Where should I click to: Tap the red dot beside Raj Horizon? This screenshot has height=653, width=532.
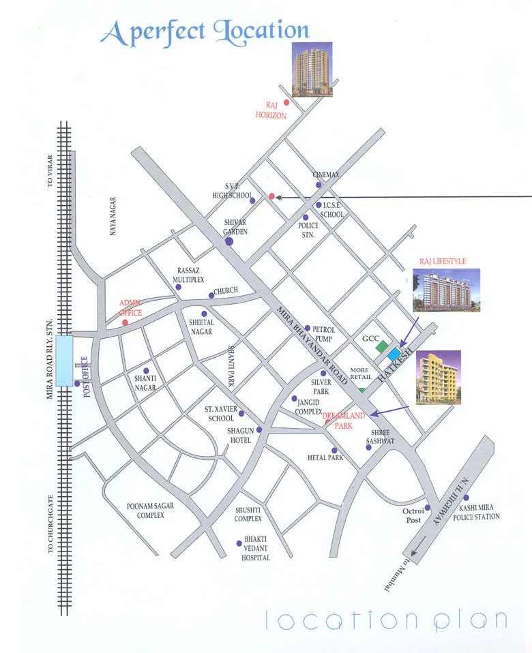286,102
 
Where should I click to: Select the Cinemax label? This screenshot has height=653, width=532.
326,174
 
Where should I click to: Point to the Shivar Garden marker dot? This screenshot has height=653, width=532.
228,241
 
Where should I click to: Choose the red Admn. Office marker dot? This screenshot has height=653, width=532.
125,322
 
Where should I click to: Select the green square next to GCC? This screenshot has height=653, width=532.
382,346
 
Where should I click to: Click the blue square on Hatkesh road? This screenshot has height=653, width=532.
394,354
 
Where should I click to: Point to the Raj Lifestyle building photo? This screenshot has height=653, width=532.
446,290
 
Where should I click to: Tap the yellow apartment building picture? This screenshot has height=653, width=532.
439,378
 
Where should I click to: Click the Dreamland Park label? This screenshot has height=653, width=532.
344,420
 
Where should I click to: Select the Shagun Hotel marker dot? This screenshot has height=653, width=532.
258,429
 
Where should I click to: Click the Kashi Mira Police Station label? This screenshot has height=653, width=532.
479,513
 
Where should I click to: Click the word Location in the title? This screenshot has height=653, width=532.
261,31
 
